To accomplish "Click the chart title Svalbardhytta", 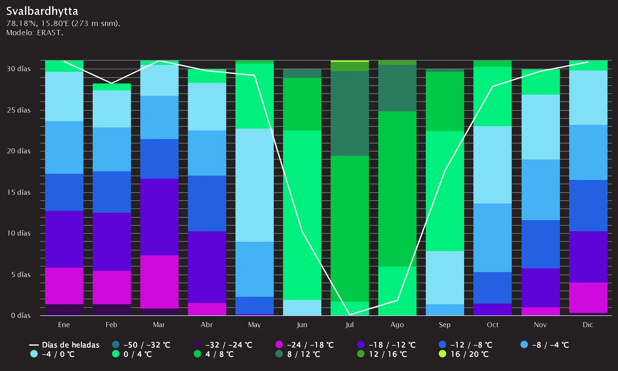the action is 42,11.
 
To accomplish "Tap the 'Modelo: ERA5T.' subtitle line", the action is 35,33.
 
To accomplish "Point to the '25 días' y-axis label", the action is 19,110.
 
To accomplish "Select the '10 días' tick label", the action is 19,233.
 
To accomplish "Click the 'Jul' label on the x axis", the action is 349,325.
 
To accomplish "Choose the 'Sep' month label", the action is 445,325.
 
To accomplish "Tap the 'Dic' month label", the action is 588,325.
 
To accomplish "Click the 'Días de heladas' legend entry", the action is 64,345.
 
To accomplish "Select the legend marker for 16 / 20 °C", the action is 442,354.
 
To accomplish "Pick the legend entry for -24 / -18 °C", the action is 305,345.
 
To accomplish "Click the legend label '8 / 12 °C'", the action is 304,354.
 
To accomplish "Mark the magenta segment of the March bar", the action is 159,282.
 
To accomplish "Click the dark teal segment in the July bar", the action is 350,113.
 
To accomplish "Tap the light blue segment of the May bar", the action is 255,185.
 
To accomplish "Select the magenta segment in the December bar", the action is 588,298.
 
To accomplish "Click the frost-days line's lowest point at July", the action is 349,315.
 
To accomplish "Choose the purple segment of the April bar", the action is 207,267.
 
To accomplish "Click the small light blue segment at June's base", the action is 302,308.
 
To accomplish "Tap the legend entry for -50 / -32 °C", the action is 141,345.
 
